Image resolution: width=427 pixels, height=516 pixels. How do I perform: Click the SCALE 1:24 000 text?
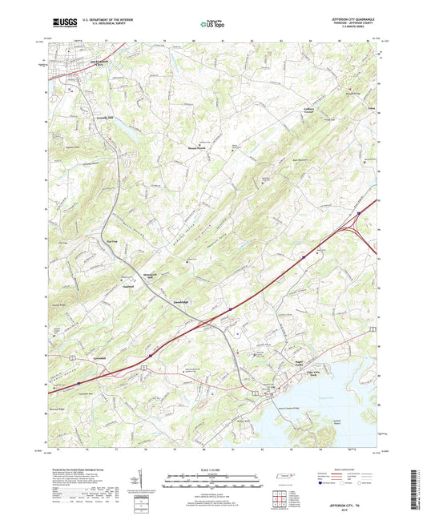213,471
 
